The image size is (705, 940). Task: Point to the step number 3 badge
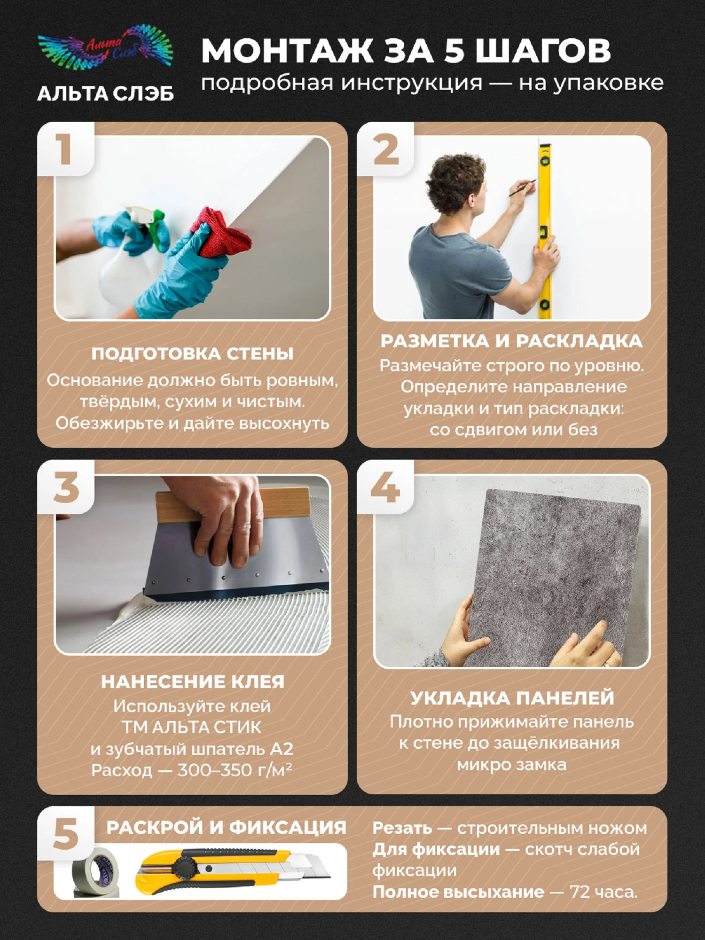pyautogui.click(x=66, y=487)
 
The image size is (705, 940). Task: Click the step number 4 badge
pyautogui.click(x=385, y=487)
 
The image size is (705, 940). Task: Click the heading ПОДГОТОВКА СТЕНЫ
pyautogui.click(x=192, y=354)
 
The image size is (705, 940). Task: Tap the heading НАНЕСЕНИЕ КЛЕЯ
pyautogui.click(x=193, y=682)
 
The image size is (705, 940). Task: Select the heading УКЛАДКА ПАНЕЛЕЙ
pyautogui.click(x=512, y=698)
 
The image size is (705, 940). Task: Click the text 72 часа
pyautogui.click(x=604, y=892)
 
